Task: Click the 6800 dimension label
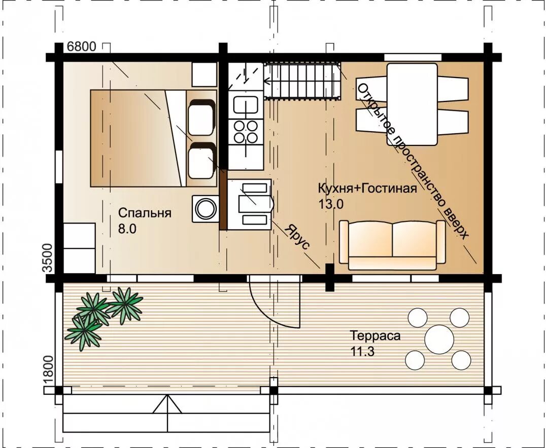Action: pos(81,46)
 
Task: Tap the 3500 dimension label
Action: pos(47,258)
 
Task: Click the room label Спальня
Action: pos(145,213)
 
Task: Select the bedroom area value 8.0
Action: pos(127,229)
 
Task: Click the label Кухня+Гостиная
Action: pos(367,189)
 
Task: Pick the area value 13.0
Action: pos(331,204)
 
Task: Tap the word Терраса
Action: pos(376,336)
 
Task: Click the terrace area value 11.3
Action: pos(362,352)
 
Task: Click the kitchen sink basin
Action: pos(246,105)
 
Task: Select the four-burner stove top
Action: pos(246,131)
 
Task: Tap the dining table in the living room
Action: pos(412,104)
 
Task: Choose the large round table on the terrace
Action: pos(439,339)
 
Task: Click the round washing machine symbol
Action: pos(206,209)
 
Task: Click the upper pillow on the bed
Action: pos(201,117)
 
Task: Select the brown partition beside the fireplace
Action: pos(223,200)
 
